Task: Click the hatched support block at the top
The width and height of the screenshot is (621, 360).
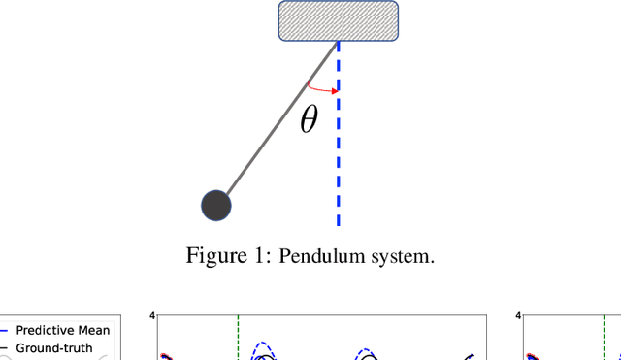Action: tap(338, 20)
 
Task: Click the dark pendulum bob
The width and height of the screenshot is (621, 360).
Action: tap(215, 206)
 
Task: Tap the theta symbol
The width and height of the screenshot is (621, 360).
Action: tap(309, 120)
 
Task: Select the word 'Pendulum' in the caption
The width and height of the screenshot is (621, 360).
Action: tap(318, 257)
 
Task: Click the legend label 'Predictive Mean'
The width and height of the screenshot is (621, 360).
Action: tap(62, 330)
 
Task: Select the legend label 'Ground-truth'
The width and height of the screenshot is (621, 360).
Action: tap(54, 347)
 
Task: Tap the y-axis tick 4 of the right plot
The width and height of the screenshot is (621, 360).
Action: tap(518, 315)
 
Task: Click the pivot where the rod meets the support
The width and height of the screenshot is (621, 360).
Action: tap(338, 42)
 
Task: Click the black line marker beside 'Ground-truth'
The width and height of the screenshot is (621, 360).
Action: tap(4, 347)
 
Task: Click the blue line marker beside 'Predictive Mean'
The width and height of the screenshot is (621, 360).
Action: tap(4, 330)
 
